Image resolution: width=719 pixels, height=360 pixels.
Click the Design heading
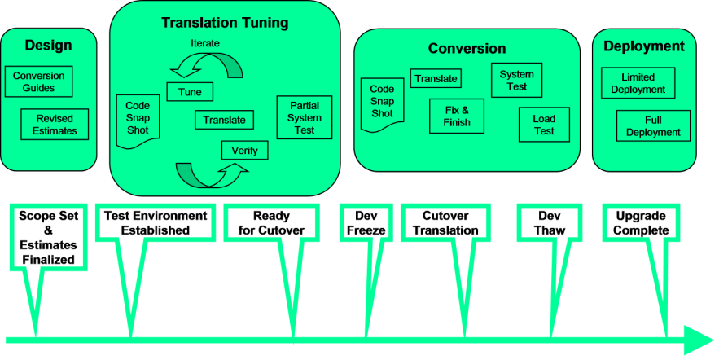pyautogui.click(x=48, y=45)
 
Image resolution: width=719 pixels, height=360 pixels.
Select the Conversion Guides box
pyautogui.click(x=38, y=82)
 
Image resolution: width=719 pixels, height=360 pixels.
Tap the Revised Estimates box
pyautogui.click(x=55, y=125)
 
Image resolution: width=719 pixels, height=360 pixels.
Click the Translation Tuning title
pyautogui.click(x=225, y=23)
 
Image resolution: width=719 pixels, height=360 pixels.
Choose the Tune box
pyautogui.click(x=190, y=92)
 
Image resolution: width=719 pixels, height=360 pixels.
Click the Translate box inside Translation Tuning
pyautogui.click(x=224, y=120)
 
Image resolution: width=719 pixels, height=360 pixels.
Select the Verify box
pyautogui.click(x=244, y=150)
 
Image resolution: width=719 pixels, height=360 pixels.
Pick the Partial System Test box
pyautogui.click(x=305, y=118)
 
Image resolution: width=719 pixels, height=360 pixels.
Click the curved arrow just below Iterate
pyautogui.click(x=210, y=64)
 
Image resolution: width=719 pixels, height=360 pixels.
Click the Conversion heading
pyautogui.click(x=467, y=49)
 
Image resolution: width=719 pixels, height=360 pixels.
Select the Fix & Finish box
pyautogui.click(x=456, y=116)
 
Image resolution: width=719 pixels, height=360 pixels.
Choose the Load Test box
pyautogui.click(x=544, y=125)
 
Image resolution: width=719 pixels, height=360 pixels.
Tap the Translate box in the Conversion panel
pyautogui.click(x=435, y=78)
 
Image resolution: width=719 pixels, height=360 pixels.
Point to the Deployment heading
pyautogui.click(x=643, y=46)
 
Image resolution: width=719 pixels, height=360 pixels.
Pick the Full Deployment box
pyautogui.click(x=654, y=125)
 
